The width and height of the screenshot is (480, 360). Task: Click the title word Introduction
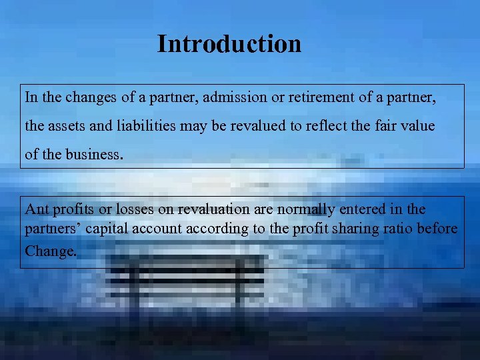[229, 44]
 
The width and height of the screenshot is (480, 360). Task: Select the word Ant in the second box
[36, 209]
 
